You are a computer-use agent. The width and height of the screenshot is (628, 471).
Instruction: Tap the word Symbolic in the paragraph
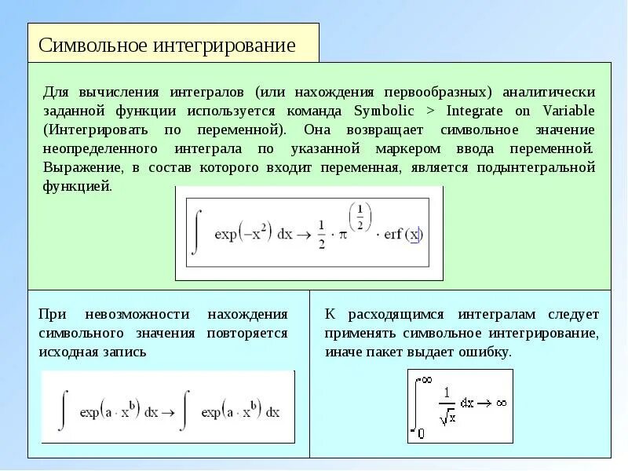pos(384,111)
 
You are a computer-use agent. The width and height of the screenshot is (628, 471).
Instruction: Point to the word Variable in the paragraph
pos(564,111)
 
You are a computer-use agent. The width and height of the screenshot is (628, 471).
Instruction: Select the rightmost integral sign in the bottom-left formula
pos(186,411)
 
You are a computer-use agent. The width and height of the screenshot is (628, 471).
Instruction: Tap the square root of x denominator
pos(448,418)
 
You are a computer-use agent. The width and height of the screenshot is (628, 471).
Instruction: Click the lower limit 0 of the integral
pos(421,433)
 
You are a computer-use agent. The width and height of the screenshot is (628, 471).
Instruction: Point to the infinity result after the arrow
pos(501,403)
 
